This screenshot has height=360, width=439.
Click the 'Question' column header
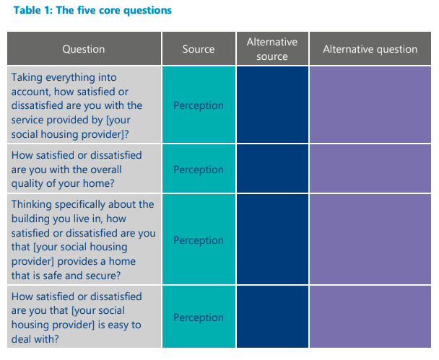coord(84,49)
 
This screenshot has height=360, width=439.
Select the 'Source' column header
coord(199,49)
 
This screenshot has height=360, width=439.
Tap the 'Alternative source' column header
coord(271,49)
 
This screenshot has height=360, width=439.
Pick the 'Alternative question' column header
coord(370,49)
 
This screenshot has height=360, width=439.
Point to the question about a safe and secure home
coord(83,240)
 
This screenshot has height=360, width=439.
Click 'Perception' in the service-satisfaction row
coord(199,105)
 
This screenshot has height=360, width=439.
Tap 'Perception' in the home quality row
coord(199,170)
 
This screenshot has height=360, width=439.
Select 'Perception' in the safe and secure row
coord(199,240)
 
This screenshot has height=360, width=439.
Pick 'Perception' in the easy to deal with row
coord(199,317)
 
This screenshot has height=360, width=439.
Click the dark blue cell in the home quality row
coord(271,170)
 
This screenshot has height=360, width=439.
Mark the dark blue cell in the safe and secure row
coord(271,240)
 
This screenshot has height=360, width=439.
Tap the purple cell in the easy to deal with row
coord(370,317)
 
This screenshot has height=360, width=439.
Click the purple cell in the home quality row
coord(370,170)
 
